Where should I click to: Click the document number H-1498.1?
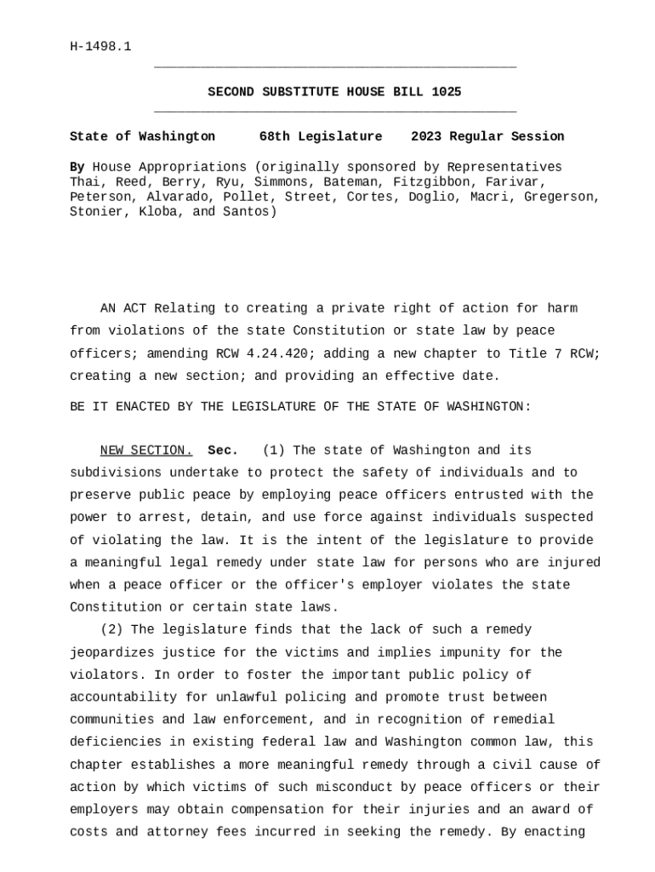pyautogui.click(x=100, y=46)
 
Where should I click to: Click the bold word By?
pyautogui.click(x=77, y=167)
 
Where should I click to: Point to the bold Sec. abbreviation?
pyautogui.click(x=223, y=450)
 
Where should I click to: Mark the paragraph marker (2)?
pyautogui.click(x=111, y=630)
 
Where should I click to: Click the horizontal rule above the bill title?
pyautogui.click(x=335, y=66)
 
